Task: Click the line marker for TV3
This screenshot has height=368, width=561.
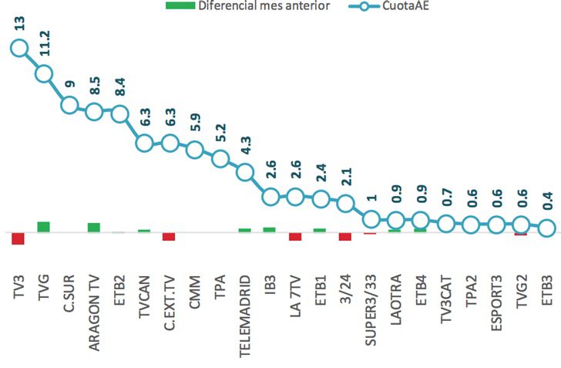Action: point(18,49)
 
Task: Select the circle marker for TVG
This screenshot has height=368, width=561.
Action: point(44,73)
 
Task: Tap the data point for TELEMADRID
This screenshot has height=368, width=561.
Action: point(245,171)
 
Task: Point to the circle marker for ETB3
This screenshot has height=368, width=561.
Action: point(546,228)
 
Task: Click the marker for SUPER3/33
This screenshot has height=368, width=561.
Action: point(371,218)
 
